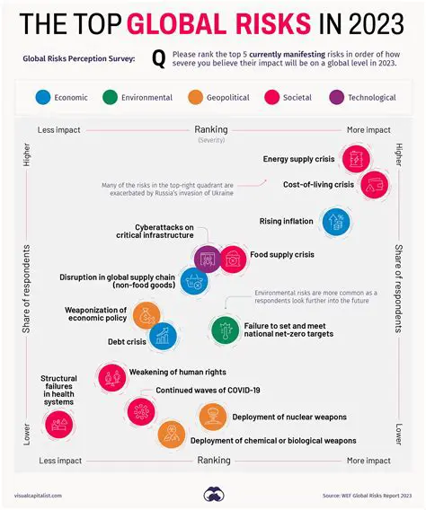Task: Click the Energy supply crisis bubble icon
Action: tap(355, 159)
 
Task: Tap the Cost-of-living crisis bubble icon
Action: tap(373, 184)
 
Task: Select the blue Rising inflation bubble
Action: tap(335, 221)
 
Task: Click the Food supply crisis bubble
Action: tap(232, 259)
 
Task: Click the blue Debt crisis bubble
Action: tap(163, 337)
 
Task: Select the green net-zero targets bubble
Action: tap(224, 330)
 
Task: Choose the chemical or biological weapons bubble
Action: tap(171, 436)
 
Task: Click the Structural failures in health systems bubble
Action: tap(58, 424)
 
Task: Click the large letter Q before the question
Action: tap(159, 59)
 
